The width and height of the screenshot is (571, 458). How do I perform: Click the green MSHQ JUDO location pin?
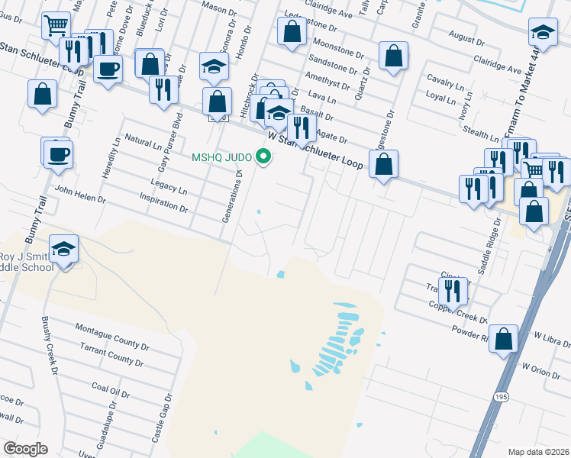click(x=265, y=157)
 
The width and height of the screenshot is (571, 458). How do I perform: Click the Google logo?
click(x=26, y=448)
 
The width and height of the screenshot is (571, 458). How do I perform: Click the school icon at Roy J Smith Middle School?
click(x=64, y=248)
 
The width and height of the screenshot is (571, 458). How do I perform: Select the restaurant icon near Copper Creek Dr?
click(x=453, y=290)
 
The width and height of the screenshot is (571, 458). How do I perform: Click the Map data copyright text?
click(x=539, y=451)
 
